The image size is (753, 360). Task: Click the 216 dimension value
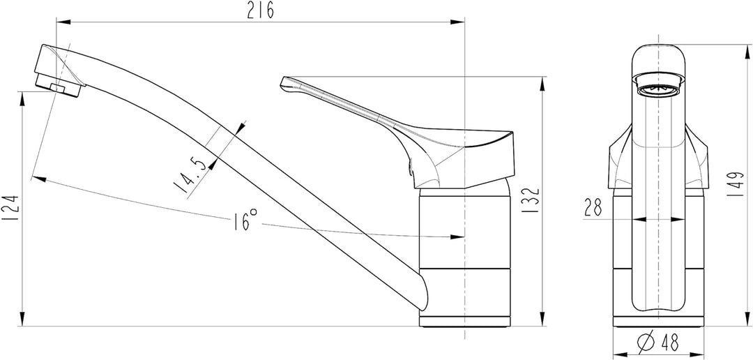pos(261,10)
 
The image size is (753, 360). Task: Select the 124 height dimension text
pos(10,208)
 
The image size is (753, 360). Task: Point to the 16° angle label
pos(246,220)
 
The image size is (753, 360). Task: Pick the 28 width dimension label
pos(593,207)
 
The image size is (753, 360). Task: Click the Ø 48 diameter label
pos(658,343)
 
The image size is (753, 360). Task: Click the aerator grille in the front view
pos(658,91)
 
